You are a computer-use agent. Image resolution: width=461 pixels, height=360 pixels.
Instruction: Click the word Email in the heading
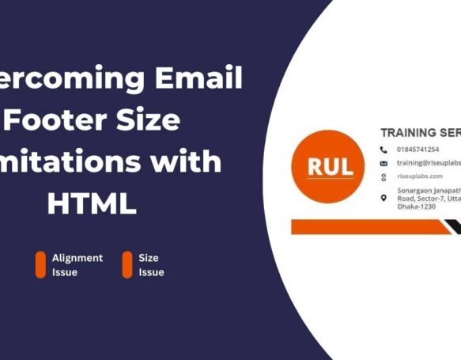point(198,79)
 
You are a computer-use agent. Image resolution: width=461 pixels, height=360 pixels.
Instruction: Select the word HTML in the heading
point(92,203)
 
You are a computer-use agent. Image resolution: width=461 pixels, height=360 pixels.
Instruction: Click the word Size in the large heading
point(150,121)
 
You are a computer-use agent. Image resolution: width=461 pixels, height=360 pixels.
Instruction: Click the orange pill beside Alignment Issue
point(40,265)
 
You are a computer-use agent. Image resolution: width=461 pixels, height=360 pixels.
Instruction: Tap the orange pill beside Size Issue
point(127,265)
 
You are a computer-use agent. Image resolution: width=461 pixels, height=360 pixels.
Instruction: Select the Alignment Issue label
point(77,265)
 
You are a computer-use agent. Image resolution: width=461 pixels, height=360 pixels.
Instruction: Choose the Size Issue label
point(151,265)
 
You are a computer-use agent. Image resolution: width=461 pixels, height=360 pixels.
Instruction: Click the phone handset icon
point(384,150)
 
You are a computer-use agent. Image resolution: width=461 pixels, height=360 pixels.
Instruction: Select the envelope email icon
point(384,163)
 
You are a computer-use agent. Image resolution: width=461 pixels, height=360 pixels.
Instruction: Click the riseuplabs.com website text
point(420,176)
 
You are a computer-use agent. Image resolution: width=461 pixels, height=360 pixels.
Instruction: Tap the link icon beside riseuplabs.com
point(384,176)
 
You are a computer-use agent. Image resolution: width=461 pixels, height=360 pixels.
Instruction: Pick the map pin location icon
point(384,198)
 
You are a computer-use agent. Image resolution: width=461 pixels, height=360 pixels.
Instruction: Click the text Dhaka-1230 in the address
point(417,207)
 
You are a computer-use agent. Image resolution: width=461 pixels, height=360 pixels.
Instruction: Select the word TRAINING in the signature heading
point(407,133)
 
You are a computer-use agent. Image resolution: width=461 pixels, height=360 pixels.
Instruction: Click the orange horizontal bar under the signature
point(364,227)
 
